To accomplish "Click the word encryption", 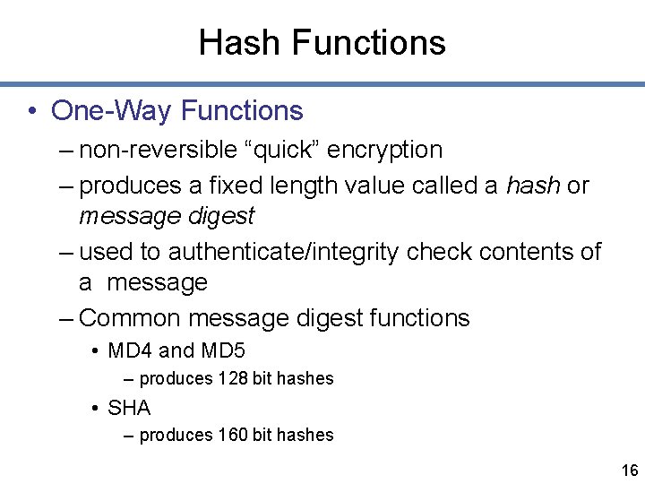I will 384,150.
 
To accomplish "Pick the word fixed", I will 232,186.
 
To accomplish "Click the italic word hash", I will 534,186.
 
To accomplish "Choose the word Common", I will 131,317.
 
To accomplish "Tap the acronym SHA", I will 129,408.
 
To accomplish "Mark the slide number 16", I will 629,471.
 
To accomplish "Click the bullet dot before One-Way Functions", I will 31,111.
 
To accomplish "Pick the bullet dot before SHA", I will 94,409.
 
